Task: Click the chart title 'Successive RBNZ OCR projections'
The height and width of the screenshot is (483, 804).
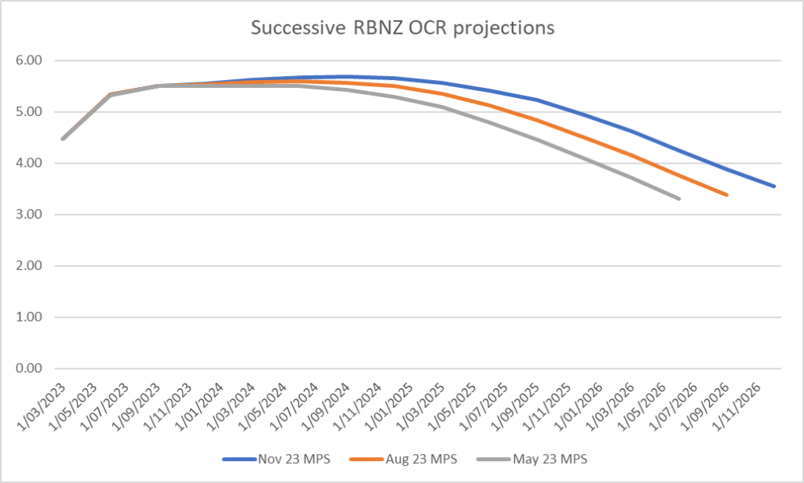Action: pos(402,28)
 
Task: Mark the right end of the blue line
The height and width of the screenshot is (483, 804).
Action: pos(775,187)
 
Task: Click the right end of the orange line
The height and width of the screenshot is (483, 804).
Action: pos(727,194)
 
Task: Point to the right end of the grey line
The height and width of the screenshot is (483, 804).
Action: pos(679,199)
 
